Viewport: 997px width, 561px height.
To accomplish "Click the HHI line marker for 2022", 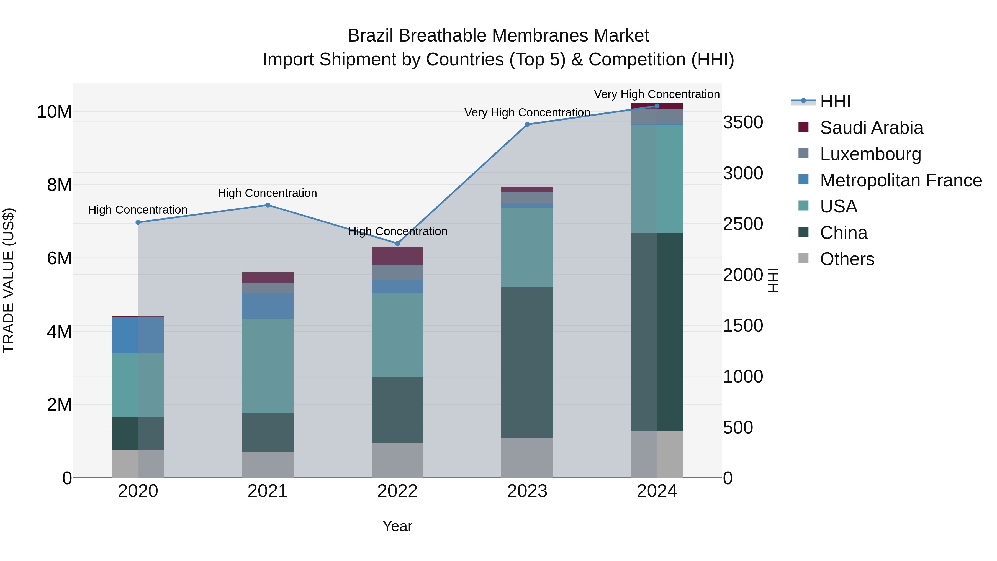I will [397, 244].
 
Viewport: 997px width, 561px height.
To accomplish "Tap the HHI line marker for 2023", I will [527, 124].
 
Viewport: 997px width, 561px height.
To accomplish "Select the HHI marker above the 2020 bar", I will [138, 222].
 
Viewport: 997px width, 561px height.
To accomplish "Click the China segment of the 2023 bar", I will [527, 362].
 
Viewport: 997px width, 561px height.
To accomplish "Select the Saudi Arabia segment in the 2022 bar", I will [397, 255].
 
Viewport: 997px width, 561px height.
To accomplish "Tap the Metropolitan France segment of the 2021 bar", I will [268, 306].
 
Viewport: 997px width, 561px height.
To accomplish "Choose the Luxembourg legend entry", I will [870, 154].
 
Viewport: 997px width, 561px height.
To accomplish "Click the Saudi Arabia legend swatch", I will [803, 127].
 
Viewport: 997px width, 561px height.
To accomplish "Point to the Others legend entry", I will [847, 259].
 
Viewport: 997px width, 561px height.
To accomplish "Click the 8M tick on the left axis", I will [59, 185].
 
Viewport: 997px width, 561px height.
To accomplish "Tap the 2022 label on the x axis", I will [397, 491].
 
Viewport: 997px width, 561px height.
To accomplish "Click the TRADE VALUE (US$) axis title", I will [9, 280].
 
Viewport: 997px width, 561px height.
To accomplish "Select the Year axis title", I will [397, 526].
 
